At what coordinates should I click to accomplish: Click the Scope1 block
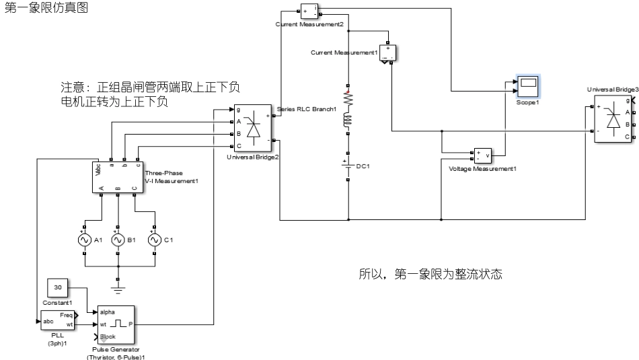click(528, 85)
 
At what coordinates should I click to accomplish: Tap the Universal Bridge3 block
click(613, 118)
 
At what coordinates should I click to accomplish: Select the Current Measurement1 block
click(389, 53)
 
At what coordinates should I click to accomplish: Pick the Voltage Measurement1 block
click(483, 155)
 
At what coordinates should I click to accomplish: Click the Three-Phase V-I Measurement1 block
click(118, 177)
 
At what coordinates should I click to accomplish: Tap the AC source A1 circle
click(85, 240)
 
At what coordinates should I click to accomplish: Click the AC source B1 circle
click(118, 240)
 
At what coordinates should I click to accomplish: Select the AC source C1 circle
click(154, 240)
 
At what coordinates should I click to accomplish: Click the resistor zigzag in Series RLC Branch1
click(348, 98)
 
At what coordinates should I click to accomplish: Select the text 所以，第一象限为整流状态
click(430, 275)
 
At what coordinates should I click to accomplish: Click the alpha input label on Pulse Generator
click(108, 312)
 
